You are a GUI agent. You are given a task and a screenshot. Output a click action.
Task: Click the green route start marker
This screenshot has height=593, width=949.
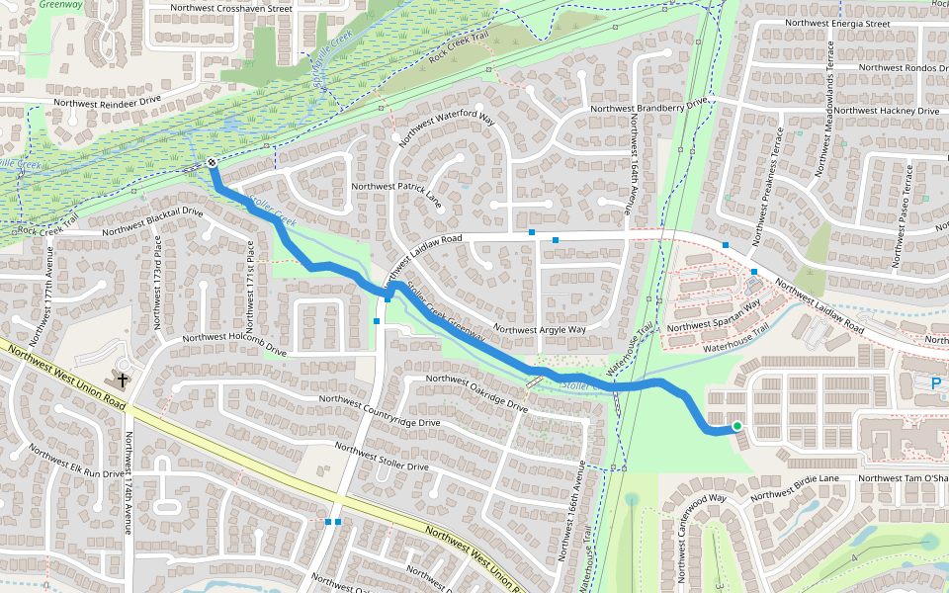pos(736,427)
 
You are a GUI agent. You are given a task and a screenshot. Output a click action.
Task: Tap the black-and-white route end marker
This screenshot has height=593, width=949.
pos(213,163)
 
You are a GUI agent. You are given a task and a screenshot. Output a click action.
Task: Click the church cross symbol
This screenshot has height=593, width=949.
pos(124,379)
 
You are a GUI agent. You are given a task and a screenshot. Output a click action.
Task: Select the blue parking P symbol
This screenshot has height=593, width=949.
pos(935,382)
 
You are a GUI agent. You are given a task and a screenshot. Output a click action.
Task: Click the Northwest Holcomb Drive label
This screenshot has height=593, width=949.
pos(226,347)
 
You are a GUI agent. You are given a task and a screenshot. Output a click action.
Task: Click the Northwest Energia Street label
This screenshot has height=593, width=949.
pos(836,23)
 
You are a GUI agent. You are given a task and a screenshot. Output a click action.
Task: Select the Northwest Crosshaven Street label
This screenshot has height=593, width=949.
pos(231,8)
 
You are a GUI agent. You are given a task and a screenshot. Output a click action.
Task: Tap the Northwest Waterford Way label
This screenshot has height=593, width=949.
pos(446,129)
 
